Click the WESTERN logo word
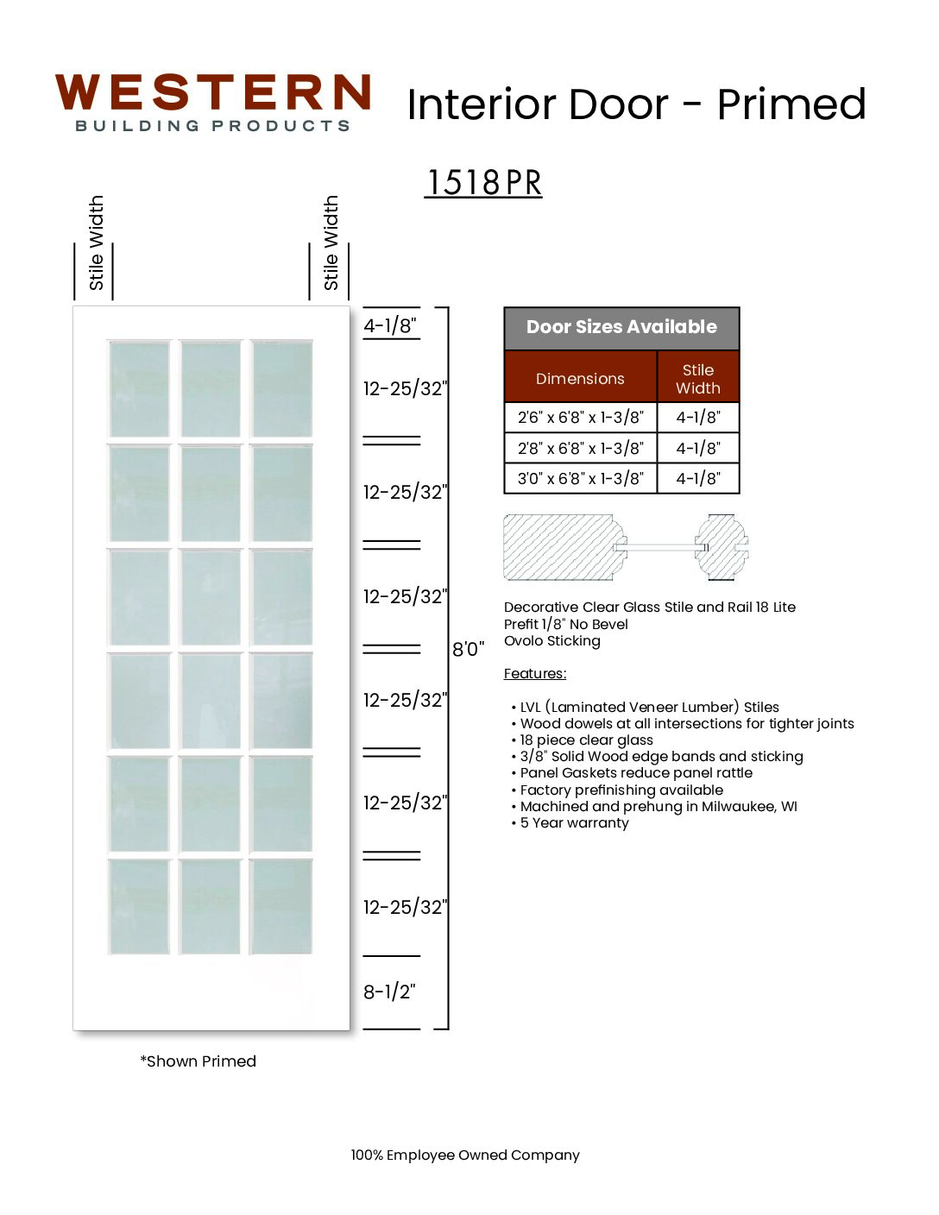[212, 92]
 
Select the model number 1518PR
[483, 182]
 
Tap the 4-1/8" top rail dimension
[390, 324]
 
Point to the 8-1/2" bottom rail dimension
[389, 992]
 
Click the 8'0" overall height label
[468, 649]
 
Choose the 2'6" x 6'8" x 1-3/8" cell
[581, 417]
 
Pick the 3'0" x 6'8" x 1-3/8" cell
[581, 478]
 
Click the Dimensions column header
[580, 379]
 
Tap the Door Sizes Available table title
[621, 326]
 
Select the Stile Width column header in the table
[698, 379]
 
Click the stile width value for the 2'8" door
[698, 448]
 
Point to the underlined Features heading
[535, 673]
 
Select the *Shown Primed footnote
[198, 1061]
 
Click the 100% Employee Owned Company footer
[465, 1155]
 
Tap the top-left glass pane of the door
[139, 389]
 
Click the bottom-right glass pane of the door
[281, 907]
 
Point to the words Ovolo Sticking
[552, 641]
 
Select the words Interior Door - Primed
[636, 104]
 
